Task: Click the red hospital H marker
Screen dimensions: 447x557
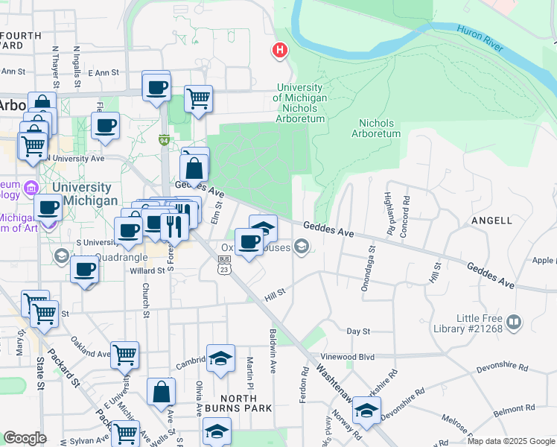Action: pos(280,51)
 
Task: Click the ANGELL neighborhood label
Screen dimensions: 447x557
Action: pos(491,221)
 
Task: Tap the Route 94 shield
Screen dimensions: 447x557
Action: pos(163,139)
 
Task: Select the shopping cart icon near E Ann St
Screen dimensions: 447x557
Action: pos(198,98)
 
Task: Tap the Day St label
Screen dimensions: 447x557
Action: pos(358,330)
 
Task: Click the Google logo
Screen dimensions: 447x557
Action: pos(25,439)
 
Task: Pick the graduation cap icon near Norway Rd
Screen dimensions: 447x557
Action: pos(366,410)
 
